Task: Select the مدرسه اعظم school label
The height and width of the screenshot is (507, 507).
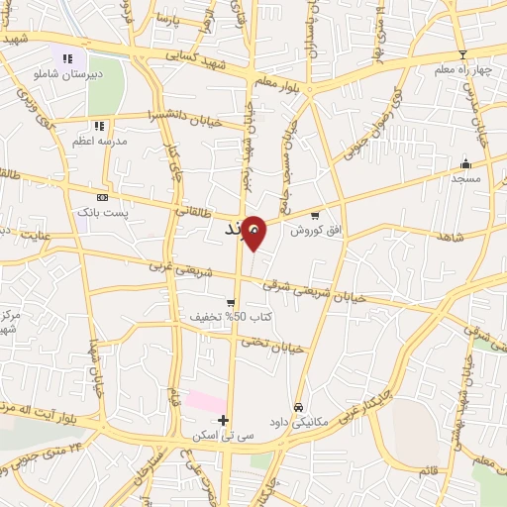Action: click(x=98, y=141)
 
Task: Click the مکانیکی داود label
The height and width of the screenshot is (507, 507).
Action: click(x=297, y=421)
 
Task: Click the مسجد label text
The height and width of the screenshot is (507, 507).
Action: click(x=464, y=178)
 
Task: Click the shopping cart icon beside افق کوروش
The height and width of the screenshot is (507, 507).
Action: click(x=315, y=215)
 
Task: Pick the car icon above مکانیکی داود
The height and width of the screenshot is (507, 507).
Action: click(x=297, y=407)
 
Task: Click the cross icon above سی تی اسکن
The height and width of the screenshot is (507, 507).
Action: click(x=223, y=421)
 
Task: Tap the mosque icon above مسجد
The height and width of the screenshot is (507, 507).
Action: click(x=464, y=164)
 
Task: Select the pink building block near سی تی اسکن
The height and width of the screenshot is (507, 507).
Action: click(x=206, y=403)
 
